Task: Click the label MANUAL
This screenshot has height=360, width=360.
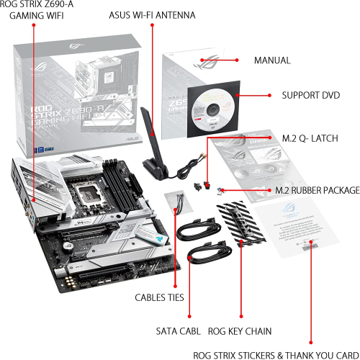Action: [272, 60]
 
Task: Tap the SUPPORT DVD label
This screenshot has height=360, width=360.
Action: [310, 95]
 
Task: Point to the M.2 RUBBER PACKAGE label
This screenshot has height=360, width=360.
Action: [318, 190]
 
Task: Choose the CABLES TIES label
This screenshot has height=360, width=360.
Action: [159, 297]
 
